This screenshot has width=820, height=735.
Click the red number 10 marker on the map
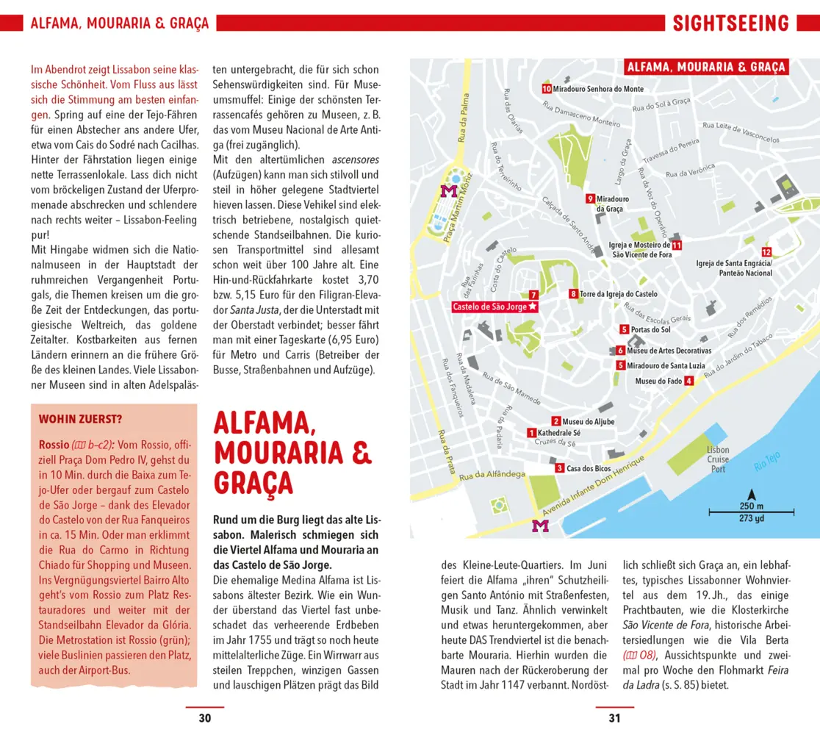click(x=547, y=88)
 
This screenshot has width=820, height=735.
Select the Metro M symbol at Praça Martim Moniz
click(x=447, y=191)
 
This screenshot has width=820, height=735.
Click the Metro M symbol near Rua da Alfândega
click(x=540, y=526)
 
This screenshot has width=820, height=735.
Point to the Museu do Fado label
click(x=658, y=381)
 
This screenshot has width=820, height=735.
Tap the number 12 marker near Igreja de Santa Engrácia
click(x=766, y=252)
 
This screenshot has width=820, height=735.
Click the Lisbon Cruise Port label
click(x=717, y=459)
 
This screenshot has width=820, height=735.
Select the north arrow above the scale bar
click(x=751, y=495)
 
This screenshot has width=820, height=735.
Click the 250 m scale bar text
click(x=751, y=506)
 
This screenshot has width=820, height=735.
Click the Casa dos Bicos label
click(x=589, y=468)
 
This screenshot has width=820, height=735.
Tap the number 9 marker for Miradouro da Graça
click(x=590, y=198)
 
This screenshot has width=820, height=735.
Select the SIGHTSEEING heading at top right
click(x=730, y=23)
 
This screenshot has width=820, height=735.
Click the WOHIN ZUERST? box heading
click(x=80, y=420)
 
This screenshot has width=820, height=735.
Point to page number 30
click(x=205, y=718)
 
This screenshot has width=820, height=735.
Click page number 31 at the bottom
click(x=614, y=718)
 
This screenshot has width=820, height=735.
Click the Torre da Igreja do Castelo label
click(x=619, y=294)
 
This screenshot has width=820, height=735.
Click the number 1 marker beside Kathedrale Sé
click(x=531, y=433)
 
